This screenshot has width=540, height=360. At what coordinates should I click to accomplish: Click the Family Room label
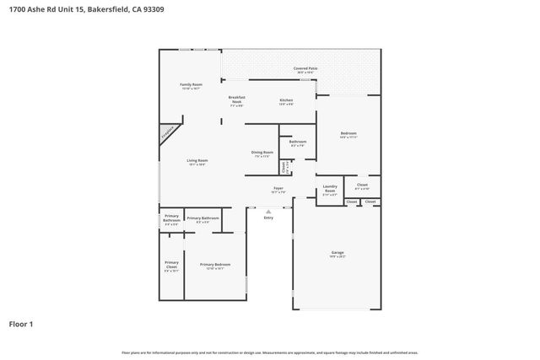tap(191, 84)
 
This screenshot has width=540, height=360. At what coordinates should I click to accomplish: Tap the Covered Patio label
tap(305, 67)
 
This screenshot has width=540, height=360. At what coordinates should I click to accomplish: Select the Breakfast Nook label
tap(236, 99)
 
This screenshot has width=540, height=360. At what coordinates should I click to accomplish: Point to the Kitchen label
tap(286, 99)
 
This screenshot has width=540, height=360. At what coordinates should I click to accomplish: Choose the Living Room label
tap(197, 160)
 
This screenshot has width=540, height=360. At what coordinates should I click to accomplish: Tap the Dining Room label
tap(262, 153)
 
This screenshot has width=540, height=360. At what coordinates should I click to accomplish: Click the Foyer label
tap(278, 188)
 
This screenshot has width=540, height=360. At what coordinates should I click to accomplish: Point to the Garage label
tap(337, 252)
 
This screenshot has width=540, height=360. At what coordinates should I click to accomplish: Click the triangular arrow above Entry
tap(268, 211)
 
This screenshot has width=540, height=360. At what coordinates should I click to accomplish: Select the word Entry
tap(268, 218)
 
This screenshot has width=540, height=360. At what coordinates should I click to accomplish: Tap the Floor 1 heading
tap(22, 323)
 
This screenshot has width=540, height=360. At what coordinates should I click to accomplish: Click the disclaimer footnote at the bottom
tap(269, 352)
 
